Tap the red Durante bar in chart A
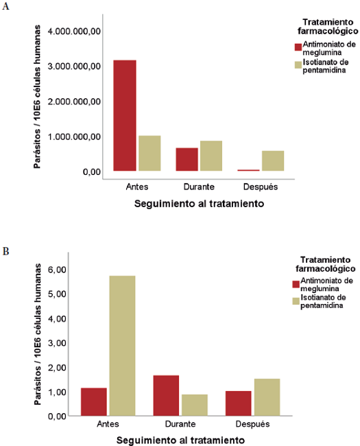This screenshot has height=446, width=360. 187,159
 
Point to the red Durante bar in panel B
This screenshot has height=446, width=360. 166,395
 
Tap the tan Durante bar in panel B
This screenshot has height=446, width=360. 194,405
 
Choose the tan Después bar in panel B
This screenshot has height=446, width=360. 267,397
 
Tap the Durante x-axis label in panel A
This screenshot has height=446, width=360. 199,186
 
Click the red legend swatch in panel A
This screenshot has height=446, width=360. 298,47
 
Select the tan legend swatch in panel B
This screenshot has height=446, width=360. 296,301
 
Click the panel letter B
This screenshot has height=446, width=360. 6,251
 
